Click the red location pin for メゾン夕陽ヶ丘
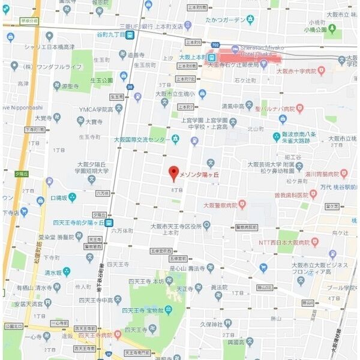pos(173,173)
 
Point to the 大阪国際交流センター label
pos(141,140)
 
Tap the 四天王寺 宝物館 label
pos(146,310)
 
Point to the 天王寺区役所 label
pos(175,226)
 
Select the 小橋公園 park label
pos(315,29)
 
